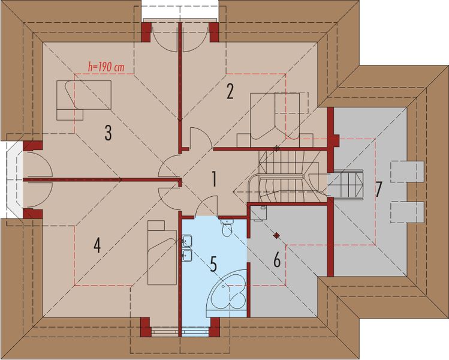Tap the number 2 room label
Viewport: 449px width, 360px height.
pyautogui.click(x=230, y=91)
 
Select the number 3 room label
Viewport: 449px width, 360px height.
pyautogui.click(x=108, y=133)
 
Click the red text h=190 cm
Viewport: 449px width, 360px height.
pyautogui.click(x=105, y=68)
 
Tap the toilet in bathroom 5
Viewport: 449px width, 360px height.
pyautogui.click(x=227, y=229)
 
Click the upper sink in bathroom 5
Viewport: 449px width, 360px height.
pyautogui.click(x=187, y=242)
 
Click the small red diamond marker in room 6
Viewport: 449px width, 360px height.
pyautogui.click(x=277, y=235)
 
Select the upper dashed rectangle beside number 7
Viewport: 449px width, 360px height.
pyautogui.click(x=408, y=171)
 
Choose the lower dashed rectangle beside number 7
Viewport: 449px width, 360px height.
pyautogui.click(x=408, y=211)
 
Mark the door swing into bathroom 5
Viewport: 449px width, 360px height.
pyautogui.click(x=207, y=206)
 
